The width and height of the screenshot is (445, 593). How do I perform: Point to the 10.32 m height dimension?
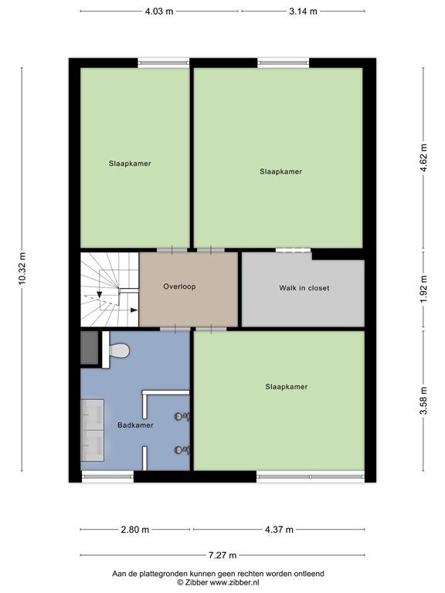(22, 268)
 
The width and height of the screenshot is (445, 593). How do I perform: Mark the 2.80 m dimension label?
(135, 530)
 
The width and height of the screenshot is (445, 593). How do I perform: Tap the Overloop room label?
(179, 286)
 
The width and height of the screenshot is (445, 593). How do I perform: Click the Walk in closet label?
(304, 288)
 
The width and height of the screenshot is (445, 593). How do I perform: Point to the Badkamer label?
(135, 425)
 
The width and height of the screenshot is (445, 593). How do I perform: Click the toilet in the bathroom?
(117, 351)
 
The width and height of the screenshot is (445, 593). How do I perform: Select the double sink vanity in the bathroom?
(93, 430)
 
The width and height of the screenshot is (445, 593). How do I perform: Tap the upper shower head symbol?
(182, 417)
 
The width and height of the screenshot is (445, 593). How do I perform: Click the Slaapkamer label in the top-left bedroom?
(129, 164)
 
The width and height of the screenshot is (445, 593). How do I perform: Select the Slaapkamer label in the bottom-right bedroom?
(286, 387)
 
